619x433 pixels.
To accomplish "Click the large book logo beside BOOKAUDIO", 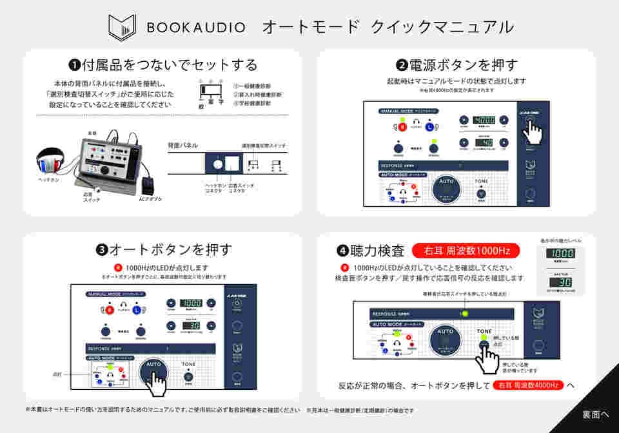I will pos(122,26).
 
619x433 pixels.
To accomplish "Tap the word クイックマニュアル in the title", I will pos(442,27).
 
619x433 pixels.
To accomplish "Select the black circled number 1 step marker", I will pos(75,65).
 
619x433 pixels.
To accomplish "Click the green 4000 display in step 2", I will pos(484,120).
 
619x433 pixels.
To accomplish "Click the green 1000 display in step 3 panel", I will pos(192,303).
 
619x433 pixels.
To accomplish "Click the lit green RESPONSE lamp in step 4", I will pos(464,314).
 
